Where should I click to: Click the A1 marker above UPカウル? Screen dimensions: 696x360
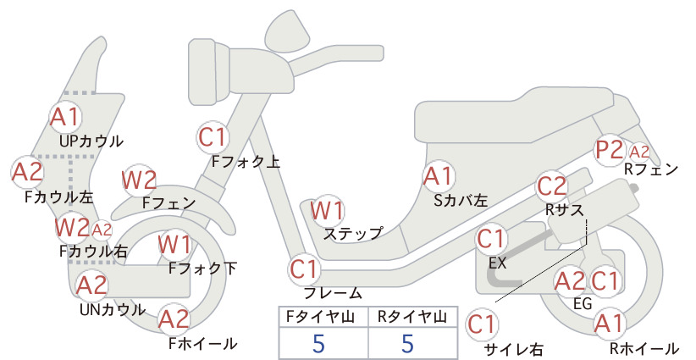coord(65,117)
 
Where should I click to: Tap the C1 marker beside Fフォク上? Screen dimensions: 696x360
coord(213,137)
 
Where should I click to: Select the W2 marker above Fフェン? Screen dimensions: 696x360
coord(140,180)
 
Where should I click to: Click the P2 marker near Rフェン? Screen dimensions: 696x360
coord(610,150)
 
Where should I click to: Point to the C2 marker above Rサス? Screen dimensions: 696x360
coord(552,186)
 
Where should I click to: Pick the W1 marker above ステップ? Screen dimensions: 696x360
coord(327,210)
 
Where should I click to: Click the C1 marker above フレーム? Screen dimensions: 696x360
coord(304,269)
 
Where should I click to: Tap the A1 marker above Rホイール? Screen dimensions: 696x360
coord(610,324)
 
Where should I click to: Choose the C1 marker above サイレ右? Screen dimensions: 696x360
coord(482,324)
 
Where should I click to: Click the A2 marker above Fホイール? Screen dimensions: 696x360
coord(174,319)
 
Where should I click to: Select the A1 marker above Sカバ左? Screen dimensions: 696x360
coord(438,176)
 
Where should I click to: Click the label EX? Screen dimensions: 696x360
coord(497,263)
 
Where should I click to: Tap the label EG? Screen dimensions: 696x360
coord(583,303)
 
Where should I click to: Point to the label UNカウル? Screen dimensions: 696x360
coord(113,309)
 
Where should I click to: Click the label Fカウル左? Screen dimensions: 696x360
coord(59,197)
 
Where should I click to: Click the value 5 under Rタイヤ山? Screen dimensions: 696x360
coord(407,343)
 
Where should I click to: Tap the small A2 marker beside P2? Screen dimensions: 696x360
coord(639,152)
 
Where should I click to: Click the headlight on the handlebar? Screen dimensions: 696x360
coord(209,69)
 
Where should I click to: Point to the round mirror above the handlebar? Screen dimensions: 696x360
coord(288,29)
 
